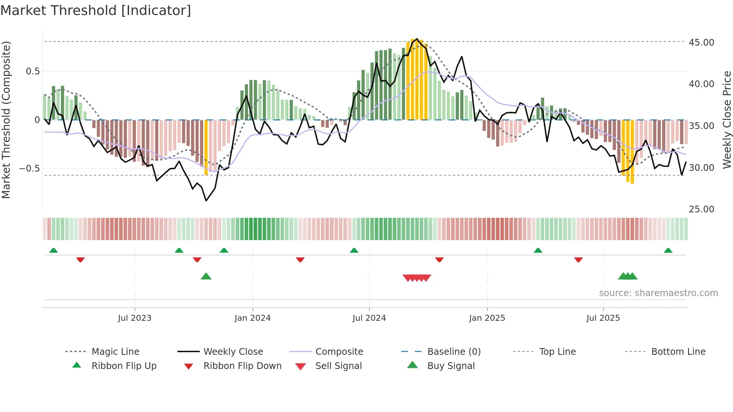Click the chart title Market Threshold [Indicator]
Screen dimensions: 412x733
point(96,10)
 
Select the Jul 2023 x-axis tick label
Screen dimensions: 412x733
point(135,318)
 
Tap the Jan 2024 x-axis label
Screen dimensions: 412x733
point(252,318)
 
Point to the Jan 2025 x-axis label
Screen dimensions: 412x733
point(487,318)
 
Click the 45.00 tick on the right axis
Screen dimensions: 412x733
point(701,43)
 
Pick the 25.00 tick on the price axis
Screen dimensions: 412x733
point(701,209)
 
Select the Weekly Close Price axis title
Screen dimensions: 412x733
point(727,120)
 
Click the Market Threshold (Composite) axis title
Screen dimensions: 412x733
point(6,120)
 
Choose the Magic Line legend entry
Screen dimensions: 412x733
point(115,352)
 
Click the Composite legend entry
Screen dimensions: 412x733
point(339,352)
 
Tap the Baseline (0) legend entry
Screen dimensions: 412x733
point(454,352)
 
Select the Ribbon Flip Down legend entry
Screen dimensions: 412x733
point(242,366)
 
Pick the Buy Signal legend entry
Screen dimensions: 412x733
point(451,366)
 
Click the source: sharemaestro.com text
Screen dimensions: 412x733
point(658,293)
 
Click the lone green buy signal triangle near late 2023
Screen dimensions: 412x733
point(206,276)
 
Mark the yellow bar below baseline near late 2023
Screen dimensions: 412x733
point(206,148)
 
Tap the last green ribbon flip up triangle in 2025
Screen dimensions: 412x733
point(668,250)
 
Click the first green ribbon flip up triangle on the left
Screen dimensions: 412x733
point(53,250)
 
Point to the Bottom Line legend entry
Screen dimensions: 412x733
point(678,352)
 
